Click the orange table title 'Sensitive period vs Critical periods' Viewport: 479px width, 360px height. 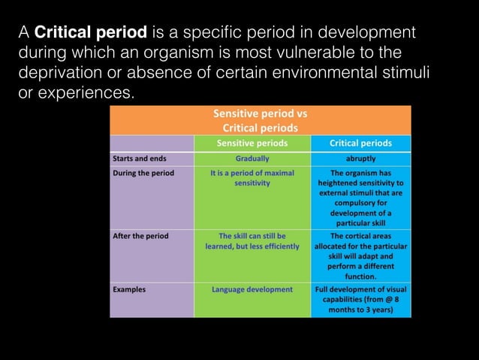[x=260, y=120]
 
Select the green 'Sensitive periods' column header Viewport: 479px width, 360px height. [x=252, y=143]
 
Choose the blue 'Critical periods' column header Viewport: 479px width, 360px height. [x=360, y=143]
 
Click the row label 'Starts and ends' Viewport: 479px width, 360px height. [x=140, y=159]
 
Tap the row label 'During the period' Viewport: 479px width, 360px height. [x=143, y=173]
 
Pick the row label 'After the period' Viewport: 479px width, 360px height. [x=140, y=236]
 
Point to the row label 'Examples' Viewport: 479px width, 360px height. [x=129, y=289]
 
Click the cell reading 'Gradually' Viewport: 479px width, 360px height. [x=252, y=159]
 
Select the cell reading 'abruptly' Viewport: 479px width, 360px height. [x=360, y=159]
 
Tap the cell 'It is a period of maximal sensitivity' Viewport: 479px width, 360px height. [x=252, y=177]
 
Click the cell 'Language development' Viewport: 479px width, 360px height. [x=252, y=289]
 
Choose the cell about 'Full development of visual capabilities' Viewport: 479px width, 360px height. [x=360, y=298]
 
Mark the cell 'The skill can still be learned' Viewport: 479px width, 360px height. [x=252, y=241]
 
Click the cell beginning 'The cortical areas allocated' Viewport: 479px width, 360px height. [x=360, y=256]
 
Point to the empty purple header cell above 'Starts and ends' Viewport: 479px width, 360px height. [x=152, y=143]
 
